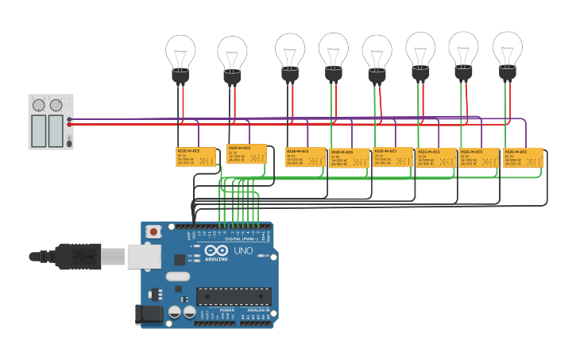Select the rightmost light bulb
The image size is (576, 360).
[508, 53]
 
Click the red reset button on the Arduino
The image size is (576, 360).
[153, 231]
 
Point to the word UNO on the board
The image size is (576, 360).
[243, 251]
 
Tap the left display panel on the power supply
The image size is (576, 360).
[39, 130]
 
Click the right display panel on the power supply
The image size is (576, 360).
[56, 130]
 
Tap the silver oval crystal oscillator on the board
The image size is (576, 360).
[177, 277]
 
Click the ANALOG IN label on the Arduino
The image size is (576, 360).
[254, 310]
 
